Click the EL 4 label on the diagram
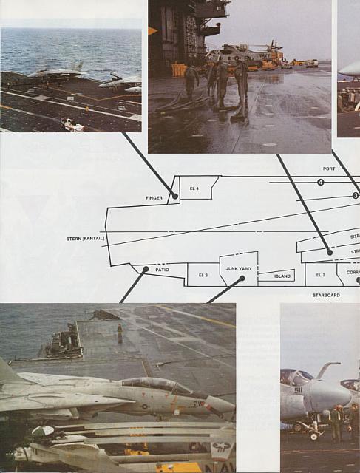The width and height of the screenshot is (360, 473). (194, 189)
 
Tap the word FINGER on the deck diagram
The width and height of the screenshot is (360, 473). (154, 198)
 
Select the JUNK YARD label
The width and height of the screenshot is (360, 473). (238, 269)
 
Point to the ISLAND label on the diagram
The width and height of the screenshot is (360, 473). (282, 276)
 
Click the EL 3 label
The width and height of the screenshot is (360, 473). (203, 275)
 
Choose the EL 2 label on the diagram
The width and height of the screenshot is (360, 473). (320, 275)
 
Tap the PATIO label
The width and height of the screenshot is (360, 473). (163, 270)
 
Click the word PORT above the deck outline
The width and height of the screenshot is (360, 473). (329, 169)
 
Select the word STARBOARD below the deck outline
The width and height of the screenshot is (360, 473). (325, 295)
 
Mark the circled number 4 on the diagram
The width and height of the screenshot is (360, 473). (321, 182)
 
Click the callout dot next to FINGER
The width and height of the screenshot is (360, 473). (175, 196)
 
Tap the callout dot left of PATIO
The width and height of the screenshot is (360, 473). (146, 270)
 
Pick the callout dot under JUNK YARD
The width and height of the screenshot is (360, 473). (242, 279)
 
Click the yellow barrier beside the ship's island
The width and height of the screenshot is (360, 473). (179, 69)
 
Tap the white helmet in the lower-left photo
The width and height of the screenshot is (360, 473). (43, 431)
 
